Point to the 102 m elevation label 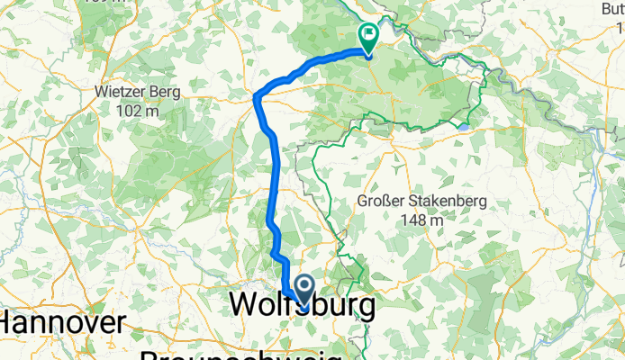tap(139, 111)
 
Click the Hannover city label tap(61, 322)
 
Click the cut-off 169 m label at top tap(126, 3)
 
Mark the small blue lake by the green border tap(462, 127)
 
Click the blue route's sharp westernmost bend tap(257, 95)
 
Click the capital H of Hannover tap(12, 322)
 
